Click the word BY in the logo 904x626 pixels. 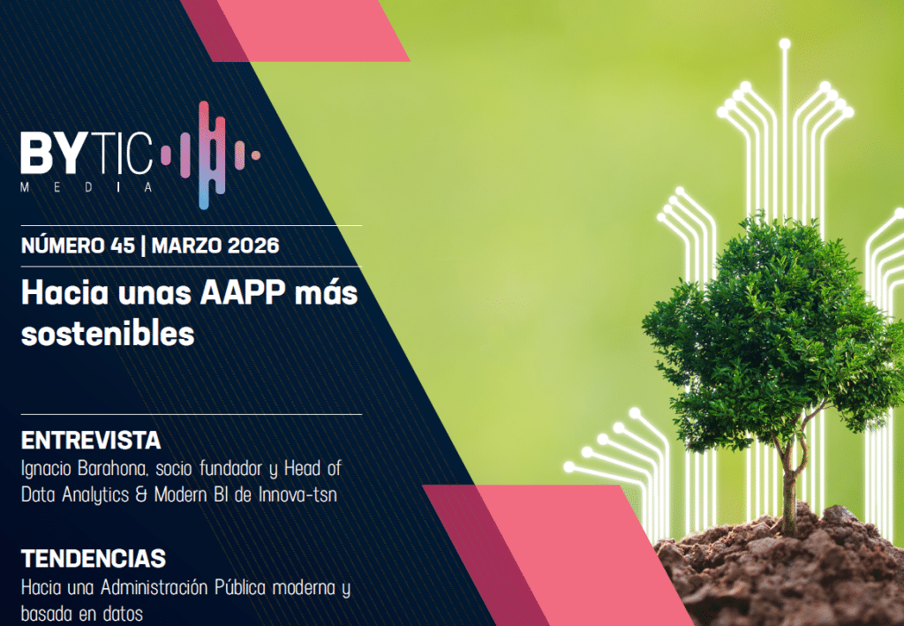(52, 153)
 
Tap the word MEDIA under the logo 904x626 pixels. (87, 187)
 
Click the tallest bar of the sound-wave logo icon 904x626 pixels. (204, 155)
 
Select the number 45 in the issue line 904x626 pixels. (122, 245)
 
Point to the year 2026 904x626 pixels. (253, 245)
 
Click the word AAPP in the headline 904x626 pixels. (243, 293)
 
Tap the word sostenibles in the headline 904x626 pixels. (108, 334)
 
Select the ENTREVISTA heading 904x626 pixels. (91, 441)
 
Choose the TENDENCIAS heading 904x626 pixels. (94, 559)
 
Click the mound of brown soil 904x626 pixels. (779, 570)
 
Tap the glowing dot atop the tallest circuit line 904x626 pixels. (785, 44)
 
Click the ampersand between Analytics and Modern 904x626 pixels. (141, 495)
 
